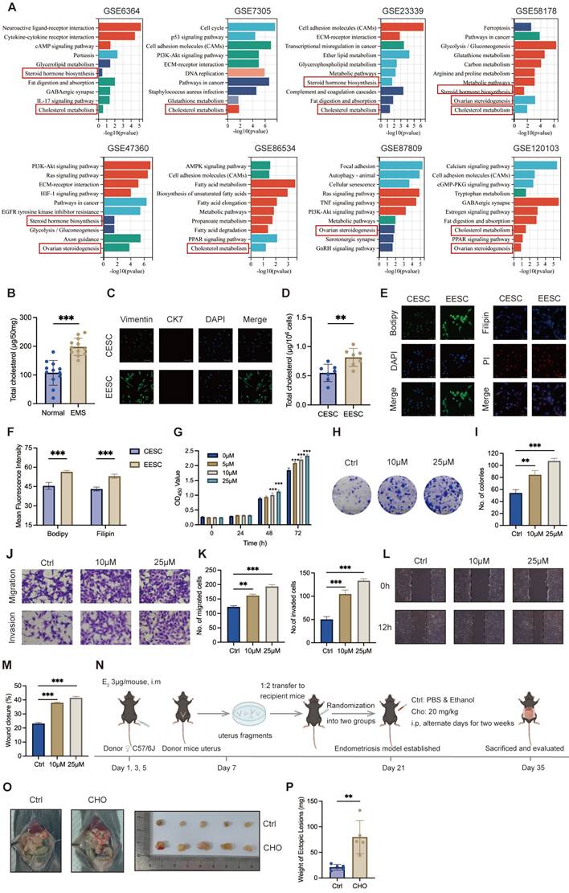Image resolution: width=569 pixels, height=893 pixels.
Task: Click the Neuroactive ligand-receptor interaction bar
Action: click(119, 27)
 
